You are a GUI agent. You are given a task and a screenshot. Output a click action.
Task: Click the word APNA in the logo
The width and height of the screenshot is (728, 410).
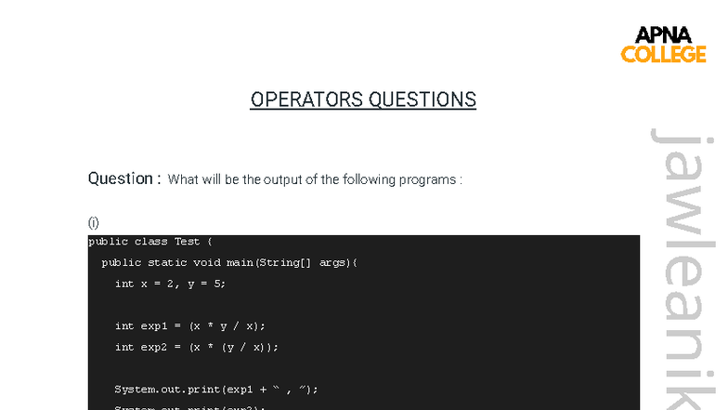tap(663, 35)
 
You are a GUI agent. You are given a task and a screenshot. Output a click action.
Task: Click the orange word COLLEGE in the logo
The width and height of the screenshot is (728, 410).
tap(663, 54)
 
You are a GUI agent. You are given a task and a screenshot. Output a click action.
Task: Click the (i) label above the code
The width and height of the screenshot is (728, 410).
tap(93, 222)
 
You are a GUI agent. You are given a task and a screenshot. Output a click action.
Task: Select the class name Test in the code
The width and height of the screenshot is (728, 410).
tap(188, 243)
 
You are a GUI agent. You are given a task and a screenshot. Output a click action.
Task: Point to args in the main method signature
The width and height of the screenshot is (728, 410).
tap(332, 263)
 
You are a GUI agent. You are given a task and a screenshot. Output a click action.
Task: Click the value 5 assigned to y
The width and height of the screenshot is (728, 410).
tap(219, 284)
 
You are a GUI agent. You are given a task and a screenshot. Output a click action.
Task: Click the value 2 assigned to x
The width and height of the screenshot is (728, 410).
tap(174, 284)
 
